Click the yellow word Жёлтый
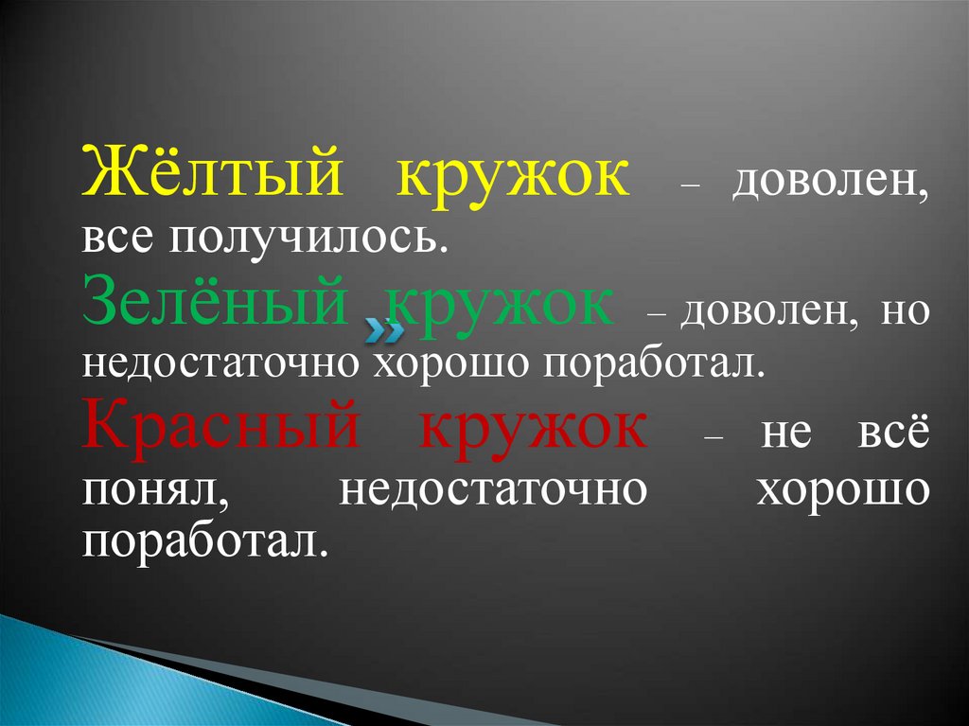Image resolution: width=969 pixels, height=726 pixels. pos(213,170)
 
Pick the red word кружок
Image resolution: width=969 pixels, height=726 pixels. pos(534,431)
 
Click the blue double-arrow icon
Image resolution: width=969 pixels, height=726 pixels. pos(384,331)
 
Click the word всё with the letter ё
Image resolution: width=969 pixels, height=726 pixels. pos(893,429)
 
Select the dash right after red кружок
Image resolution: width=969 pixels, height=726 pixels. pos(713,437)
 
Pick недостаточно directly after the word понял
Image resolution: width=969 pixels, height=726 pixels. pos(493,490)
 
